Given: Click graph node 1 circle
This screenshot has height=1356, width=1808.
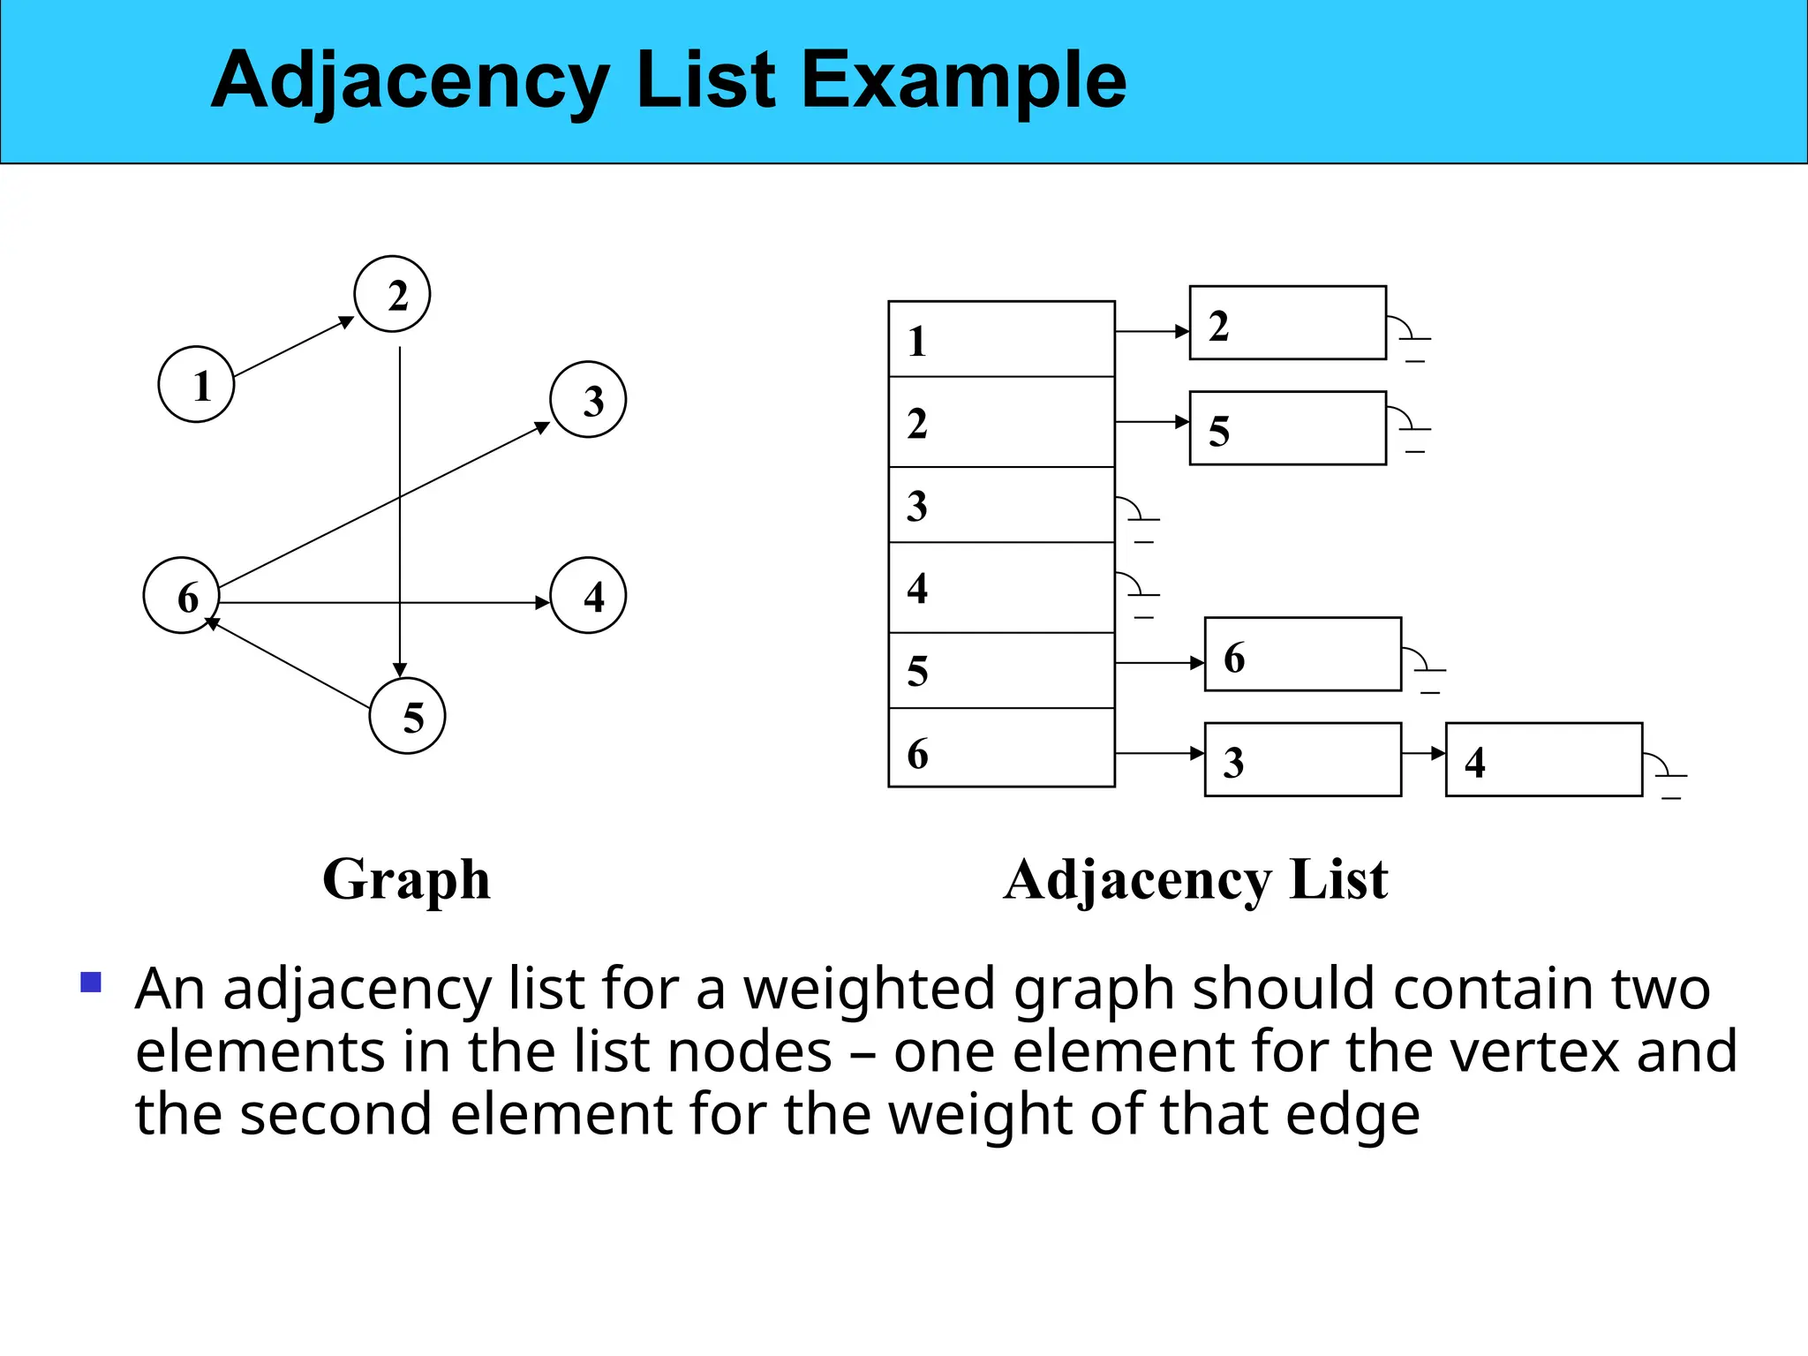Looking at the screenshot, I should [x=196, y=384].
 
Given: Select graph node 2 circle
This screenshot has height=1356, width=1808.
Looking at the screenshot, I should [x=392, y=294].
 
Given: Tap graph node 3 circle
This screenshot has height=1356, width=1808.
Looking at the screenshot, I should [x=588, y=399].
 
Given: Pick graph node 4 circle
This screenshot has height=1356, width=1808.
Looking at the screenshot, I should [x=588, y=595].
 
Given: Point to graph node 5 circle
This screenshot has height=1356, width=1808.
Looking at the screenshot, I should [x=407, y=715].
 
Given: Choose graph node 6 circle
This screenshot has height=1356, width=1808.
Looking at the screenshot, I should [x=181, y=595].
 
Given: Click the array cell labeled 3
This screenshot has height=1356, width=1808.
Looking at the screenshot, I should [x=1001, y=505].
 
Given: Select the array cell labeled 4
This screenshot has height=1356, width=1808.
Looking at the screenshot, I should [x=1001, y=587].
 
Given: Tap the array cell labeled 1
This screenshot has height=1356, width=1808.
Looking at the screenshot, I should [x=1001, y=339].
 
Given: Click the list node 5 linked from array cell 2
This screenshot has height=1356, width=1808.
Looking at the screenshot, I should [x=1287, y=428].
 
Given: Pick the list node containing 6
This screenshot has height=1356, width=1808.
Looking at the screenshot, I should [x=1302, y=654].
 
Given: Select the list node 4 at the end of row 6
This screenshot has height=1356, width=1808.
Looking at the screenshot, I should [x=1543, y=759].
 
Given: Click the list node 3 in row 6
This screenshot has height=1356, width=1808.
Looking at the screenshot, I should [x=1302, y=759].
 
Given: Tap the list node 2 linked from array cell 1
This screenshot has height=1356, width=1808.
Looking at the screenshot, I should [x=1287, y=323].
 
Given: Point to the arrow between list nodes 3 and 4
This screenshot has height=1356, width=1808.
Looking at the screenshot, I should [x=1423, y=753].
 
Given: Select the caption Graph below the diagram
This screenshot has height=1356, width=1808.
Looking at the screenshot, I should [x=406, y=879].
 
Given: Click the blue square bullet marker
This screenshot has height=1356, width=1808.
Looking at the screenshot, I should [x=91, y=983].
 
